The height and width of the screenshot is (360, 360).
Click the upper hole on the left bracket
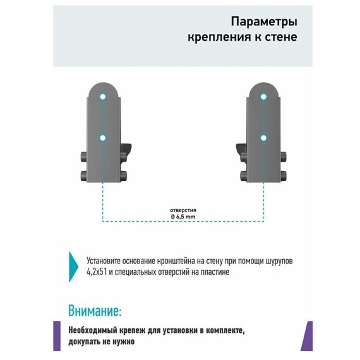pyautogui.click(x=102, y=97)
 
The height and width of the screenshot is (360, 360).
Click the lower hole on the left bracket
pyautogui.click(x=102, y=138)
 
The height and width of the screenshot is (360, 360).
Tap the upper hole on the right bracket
pyautogui.click(x=263, y=97)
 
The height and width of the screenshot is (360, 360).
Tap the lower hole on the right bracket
pyautogui.click(x=263, y=138)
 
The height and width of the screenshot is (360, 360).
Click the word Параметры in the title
pyautogui.click(x=264, y=21)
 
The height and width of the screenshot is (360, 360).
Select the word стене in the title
pyautogui.click(x=281, y=37)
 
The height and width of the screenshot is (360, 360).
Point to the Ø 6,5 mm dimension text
pyautogui.click(x=183, y=217)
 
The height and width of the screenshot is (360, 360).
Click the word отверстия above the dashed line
pyautogui.click(x=183, y=210)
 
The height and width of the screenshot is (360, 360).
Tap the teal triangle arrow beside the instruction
pyautogui.click(x=73, y=267)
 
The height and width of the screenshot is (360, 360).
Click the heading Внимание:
pyautogui.click(x=95, y=311)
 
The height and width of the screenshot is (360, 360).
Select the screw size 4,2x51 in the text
pyautogui.click(x=97, y=272)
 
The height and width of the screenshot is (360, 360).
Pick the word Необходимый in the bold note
pyautogui.click(x=93, y=330)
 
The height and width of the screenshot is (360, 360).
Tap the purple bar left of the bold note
pyautogui.click(x=57, y=336)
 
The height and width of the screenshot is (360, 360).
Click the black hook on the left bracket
pyautogui.click(x=126, y=150)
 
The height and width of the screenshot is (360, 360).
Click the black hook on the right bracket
pyautogui.click(x=241, y=150)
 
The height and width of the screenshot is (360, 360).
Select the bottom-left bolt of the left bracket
pyautogui.click(x=83, y=176)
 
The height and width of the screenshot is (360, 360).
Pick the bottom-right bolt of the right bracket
pyautogui.click(x=284, y=176)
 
